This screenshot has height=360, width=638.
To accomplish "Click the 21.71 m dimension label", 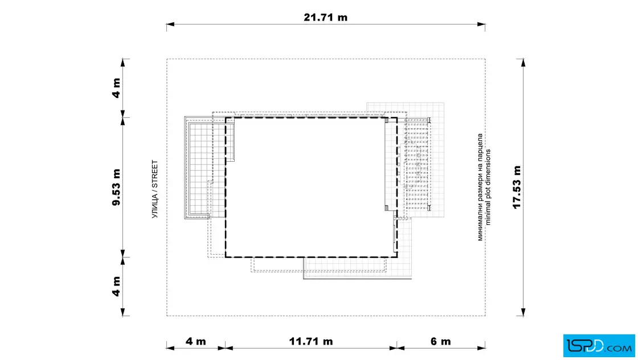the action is (325, 18).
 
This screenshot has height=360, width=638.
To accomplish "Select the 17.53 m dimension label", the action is (517, 187).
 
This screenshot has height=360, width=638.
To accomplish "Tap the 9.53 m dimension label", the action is (116, 187).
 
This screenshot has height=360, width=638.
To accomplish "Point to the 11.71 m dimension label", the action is (311, 341).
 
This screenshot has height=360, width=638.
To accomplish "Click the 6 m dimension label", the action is (441, 341).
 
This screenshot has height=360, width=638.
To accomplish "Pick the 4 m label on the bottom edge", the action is (196, 341).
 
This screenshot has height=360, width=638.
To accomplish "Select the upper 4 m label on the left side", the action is (116, 88).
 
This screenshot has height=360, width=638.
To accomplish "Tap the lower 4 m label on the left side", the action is (116, 287).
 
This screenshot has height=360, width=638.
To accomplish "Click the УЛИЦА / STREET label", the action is (154, 189).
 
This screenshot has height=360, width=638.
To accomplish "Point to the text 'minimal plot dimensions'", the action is (488, 187).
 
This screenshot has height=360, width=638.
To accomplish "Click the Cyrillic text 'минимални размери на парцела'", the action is (480, 187).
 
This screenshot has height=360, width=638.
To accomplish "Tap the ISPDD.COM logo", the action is (599, 346).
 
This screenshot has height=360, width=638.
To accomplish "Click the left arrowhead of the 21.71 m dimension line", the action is (170, 24).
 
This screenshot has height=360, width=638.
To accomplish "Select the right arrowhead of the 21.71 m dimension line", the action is (481, 24).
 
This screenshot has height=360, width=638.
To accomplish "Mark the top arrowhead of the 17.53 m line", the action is (524, 63).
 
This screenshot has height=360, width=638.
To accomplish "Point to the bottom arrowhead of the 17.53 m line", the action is (524, 312).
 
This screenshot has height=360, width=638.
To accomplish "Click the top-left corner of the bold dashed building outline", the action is (226, 118).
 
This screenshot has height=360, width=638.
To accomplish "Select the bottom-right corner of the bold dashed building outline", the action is (397, 257).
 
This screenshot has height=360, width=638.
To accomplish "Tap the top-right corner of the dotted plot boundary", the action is (485, 59).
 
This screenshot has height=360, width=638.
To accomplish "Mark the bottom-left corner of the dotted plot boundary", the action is (167, 316).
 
